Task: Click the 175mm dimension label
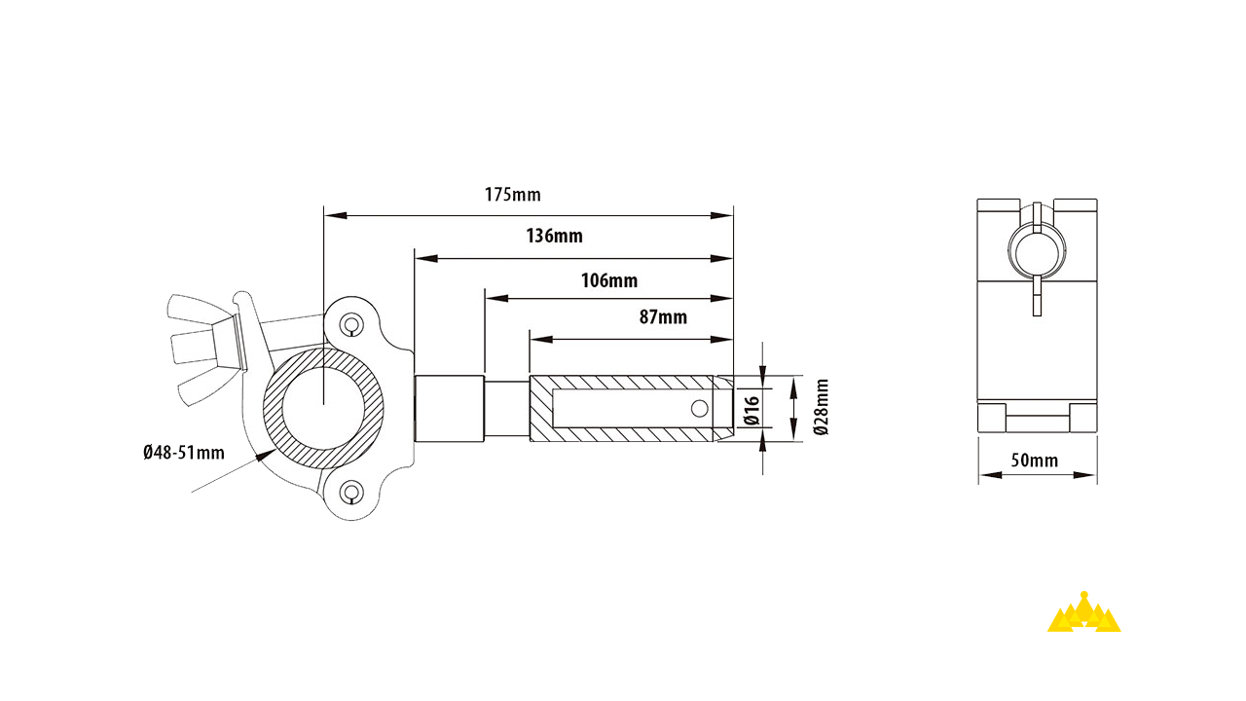[x=512, y=195]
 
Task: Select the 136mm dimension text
[x=554, y=237]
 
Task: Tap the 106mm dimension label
[x=609, y=281]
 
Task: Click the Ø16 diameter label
[x=751, y=411]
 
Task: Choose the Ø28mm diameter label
[x=822, y=407]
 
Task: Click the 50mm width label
[x=1035, y=461]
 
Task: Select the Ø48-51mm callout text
[x=182, y=452]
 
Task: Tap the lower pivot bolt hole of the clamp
[x=349, y=493]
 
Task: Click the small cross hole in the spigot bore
[x=697, y=408]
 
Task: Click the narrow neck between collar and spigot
[x=506, y=409]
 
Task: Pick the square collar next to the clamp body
[x=450, y=409]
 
